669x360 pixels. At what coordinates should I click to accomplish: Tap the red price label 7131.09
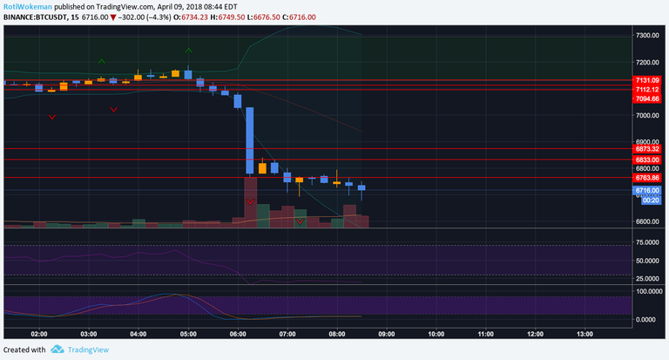647,80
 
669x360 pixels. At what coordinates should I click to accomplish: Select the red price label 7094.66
647,99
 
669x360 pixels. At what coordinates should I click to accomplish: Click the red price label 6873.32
647,149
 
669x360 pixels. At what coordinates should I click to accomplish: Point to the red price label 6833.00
647,160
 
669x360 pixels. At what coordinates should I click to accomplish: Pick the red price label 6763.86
647,178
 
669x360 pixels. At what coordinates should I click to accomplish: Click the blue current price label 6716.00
647,189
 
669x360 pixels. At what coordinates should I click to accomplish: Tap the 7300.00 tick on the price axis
647,36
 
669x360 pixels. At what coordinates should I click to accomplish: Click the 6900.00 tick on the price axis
647,141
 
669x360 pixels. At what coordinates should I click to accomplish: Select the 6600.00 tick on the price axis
647,221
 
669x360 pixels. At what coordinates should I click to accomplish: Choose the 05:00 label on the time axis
187,334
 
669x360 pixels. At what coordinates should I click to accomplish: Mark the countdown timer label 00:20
647,199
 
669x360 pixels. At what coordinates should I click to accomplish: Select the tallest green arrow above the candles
188,50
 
